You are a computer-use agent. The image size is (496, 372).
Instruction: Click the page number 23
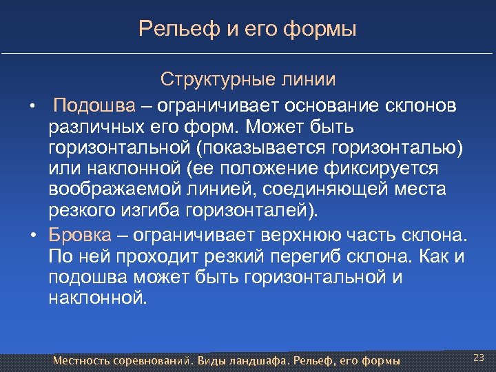[x=479, y=357]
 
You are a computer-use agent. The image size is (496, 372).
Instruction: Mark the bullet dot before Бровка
[x=32, y=236]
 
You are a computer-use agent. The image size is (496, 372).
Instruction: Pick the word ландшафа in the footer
[x=259, y=361]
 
